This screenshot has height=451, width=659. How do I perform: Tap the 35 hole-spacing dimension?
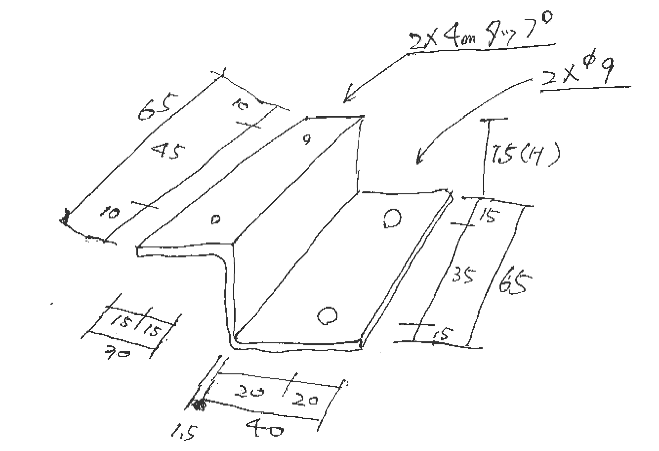(x=464, y=274)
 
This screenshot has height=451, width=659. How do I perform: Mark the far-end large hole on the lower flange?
(x=392, y=219)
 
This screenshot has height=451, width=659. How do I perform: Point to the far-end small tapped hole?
(x=307, y=140)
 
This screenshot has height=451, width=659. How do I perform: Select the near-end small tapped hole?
(x=215, y=220)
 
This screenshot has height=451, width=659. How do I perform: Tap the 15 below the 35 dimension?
(x=441, y=335)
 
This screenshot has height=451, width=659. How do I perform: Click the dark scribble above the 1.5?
(x=199, y=406)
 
